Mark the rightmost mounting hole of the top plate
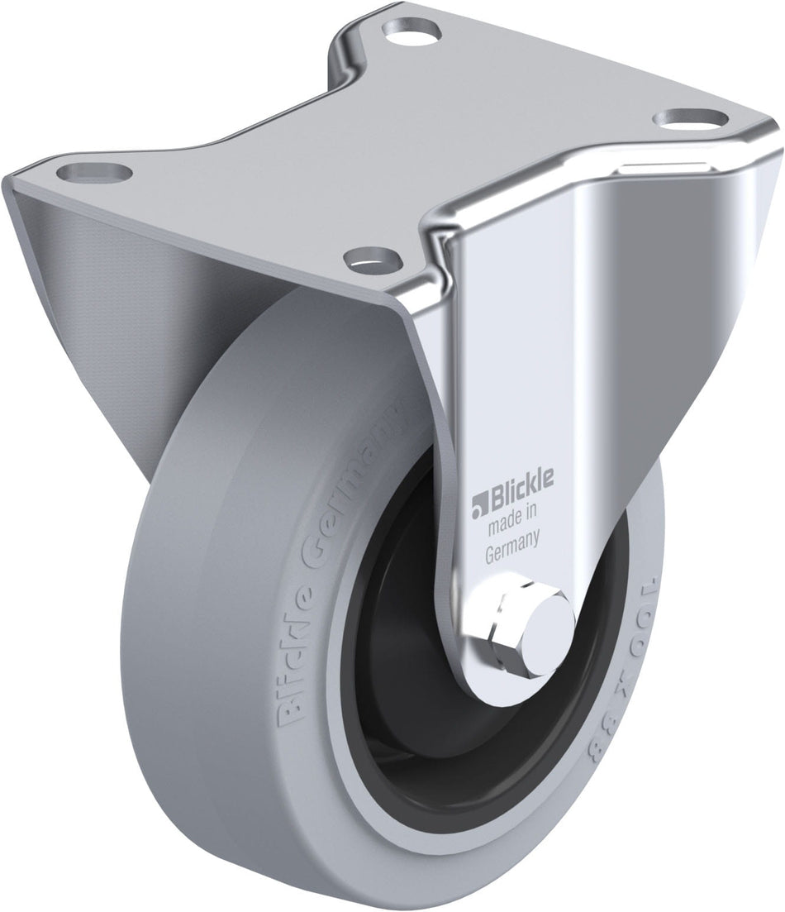coord(683,119)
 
